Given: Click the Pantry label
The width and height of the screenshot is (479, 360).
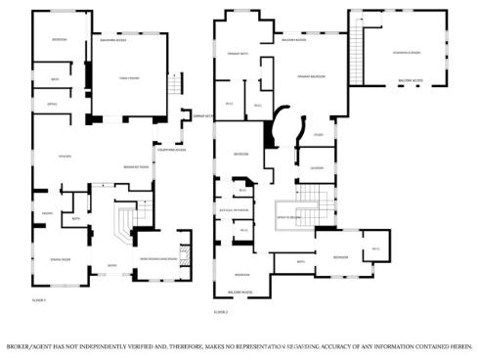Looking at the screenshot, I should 45,213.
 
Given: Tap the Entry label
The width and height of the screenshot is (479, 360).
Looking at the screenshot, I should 111,265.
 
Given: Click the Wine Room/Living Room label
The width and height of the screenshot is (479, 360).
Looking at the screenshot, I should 158,259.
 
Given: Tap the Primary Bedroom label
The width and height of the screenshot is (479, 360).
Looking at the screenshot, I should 312,76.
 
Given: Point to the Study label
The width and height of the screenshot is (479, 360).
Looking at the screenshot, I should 318,135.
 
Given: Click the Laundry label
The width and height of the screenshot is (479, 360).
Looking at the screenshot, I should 317,168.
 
